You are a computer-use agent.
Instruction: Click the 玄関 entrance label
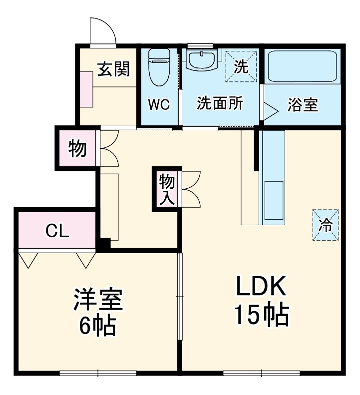click(x=113, y=69)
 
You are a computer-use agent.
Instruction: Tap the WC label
click(x=159, y=105)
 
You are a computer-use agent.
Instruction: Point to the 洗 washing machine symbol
click(x=241, y=66)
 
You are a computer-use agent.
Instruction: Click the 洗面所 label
click(x=220, y=103)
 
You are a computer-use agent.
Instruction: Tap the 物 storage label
click(x=77, y=148)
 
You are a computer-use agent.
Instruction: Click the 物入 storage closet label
click(x=167, y=189)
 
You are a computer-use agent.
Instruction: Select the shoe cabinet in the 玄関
click(x=85, y=88)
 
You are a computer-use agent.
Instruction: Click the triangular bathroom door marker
click(x=270, y=111)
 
